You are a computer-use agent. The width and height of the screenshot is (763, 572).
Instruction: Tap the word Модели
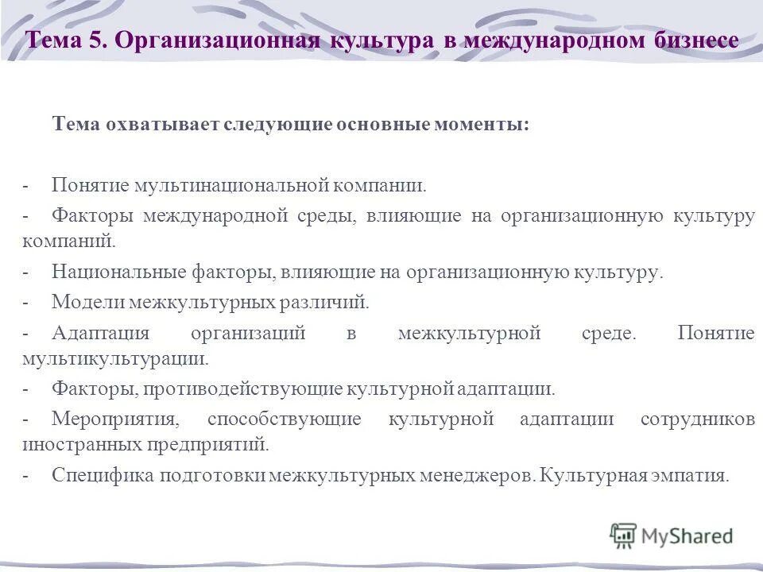(x=84, y=303)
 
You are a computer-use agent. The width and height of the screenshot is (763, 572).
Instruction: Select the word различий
(x=329, y=303)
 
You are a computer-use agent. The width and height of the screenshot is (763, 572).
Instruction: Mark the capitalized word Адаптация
(x=101, y=334)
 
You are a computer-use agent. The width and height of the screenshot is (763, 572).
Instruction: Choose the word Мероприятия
(x=110, y=419)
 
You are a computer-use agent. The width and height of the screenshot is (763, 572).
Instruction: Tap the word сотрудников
(x=697, y=419)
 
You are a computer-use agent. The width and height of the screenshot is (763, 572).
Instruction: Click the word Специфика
(x=103, y=475)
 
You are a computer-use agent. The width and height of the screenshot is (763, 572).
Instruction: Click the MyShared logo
(x=672, y=536)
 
